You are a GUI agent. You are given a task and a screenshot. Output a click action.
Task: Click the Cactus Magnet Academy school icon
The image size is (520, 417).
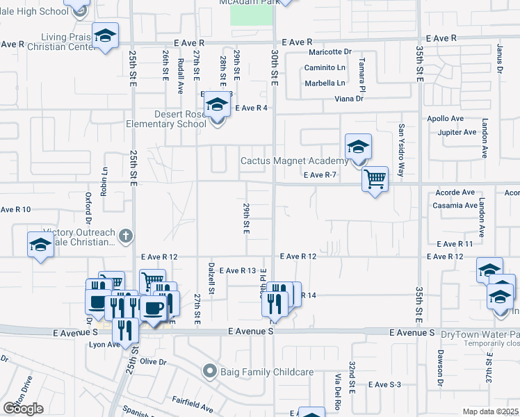pos(358,147)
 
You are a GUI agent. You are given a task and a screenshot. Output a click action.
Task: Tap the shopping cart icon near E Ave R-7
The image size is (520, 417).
pos(375,180)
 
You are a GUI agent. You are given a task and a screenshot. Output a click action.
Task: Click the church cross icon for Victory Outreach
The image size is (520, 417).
pos(125,235)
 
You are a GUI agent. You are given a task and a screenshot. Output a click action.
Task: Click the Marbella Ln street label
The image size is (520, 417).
pos(325,83)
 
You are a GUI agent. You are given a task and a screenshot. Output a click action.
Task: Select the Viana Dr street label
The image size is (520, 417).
pos(350,99)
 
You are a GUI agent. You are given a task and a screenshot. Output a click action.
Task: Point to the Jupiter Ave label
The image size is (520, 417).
pos(457,132)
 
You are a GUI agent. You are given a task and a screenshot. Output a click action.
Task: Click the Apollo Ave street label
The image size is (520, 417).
pos(446,119)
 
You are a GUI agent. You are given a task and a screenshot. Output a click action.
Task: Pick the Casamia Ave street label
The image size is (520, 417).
pos(455,206)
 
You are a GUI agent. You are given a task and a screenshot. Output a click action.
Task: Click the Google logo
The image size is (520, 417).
pos(23,409)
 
